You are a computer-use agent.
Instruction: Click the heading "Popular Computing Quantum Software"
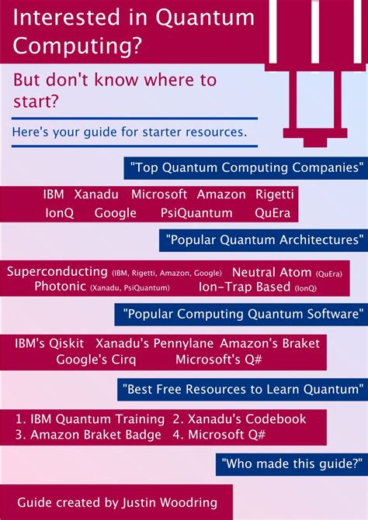(241, 314)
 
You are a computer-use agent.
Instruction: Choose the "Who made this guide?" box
(292, 463)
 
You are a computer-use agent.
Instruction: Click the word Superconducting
(57, 272)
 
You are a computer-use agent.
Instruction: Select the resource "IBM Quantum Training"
(91, 418)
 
